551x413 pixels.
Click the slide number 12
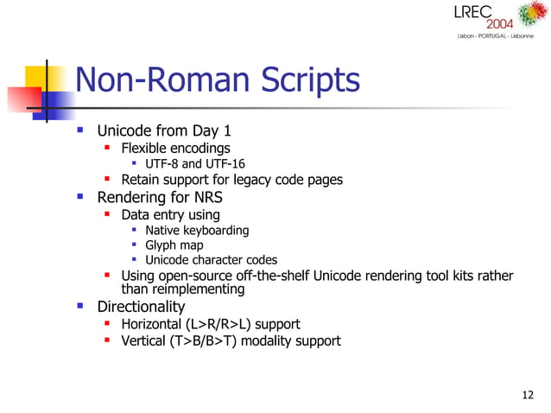pos(529,396)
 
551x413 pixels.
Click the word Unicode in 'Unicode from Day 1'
pos(126,131)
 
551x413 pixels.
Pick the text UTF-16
pos(225,164)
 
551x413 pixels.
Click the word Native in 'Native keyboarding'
pos(163,230)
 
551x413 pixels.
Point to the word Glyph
pos(161,245)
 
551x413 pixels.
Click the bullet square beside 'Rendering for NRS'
pos(80,196)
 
